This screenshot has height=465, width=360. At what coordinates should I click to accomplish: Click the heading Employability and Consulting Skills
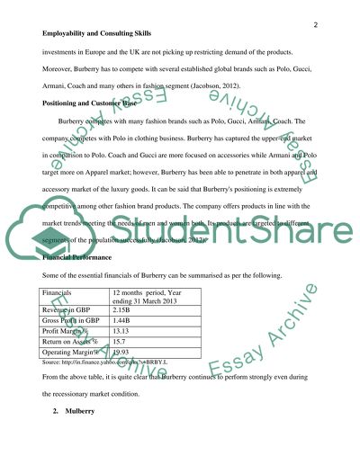100,36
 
